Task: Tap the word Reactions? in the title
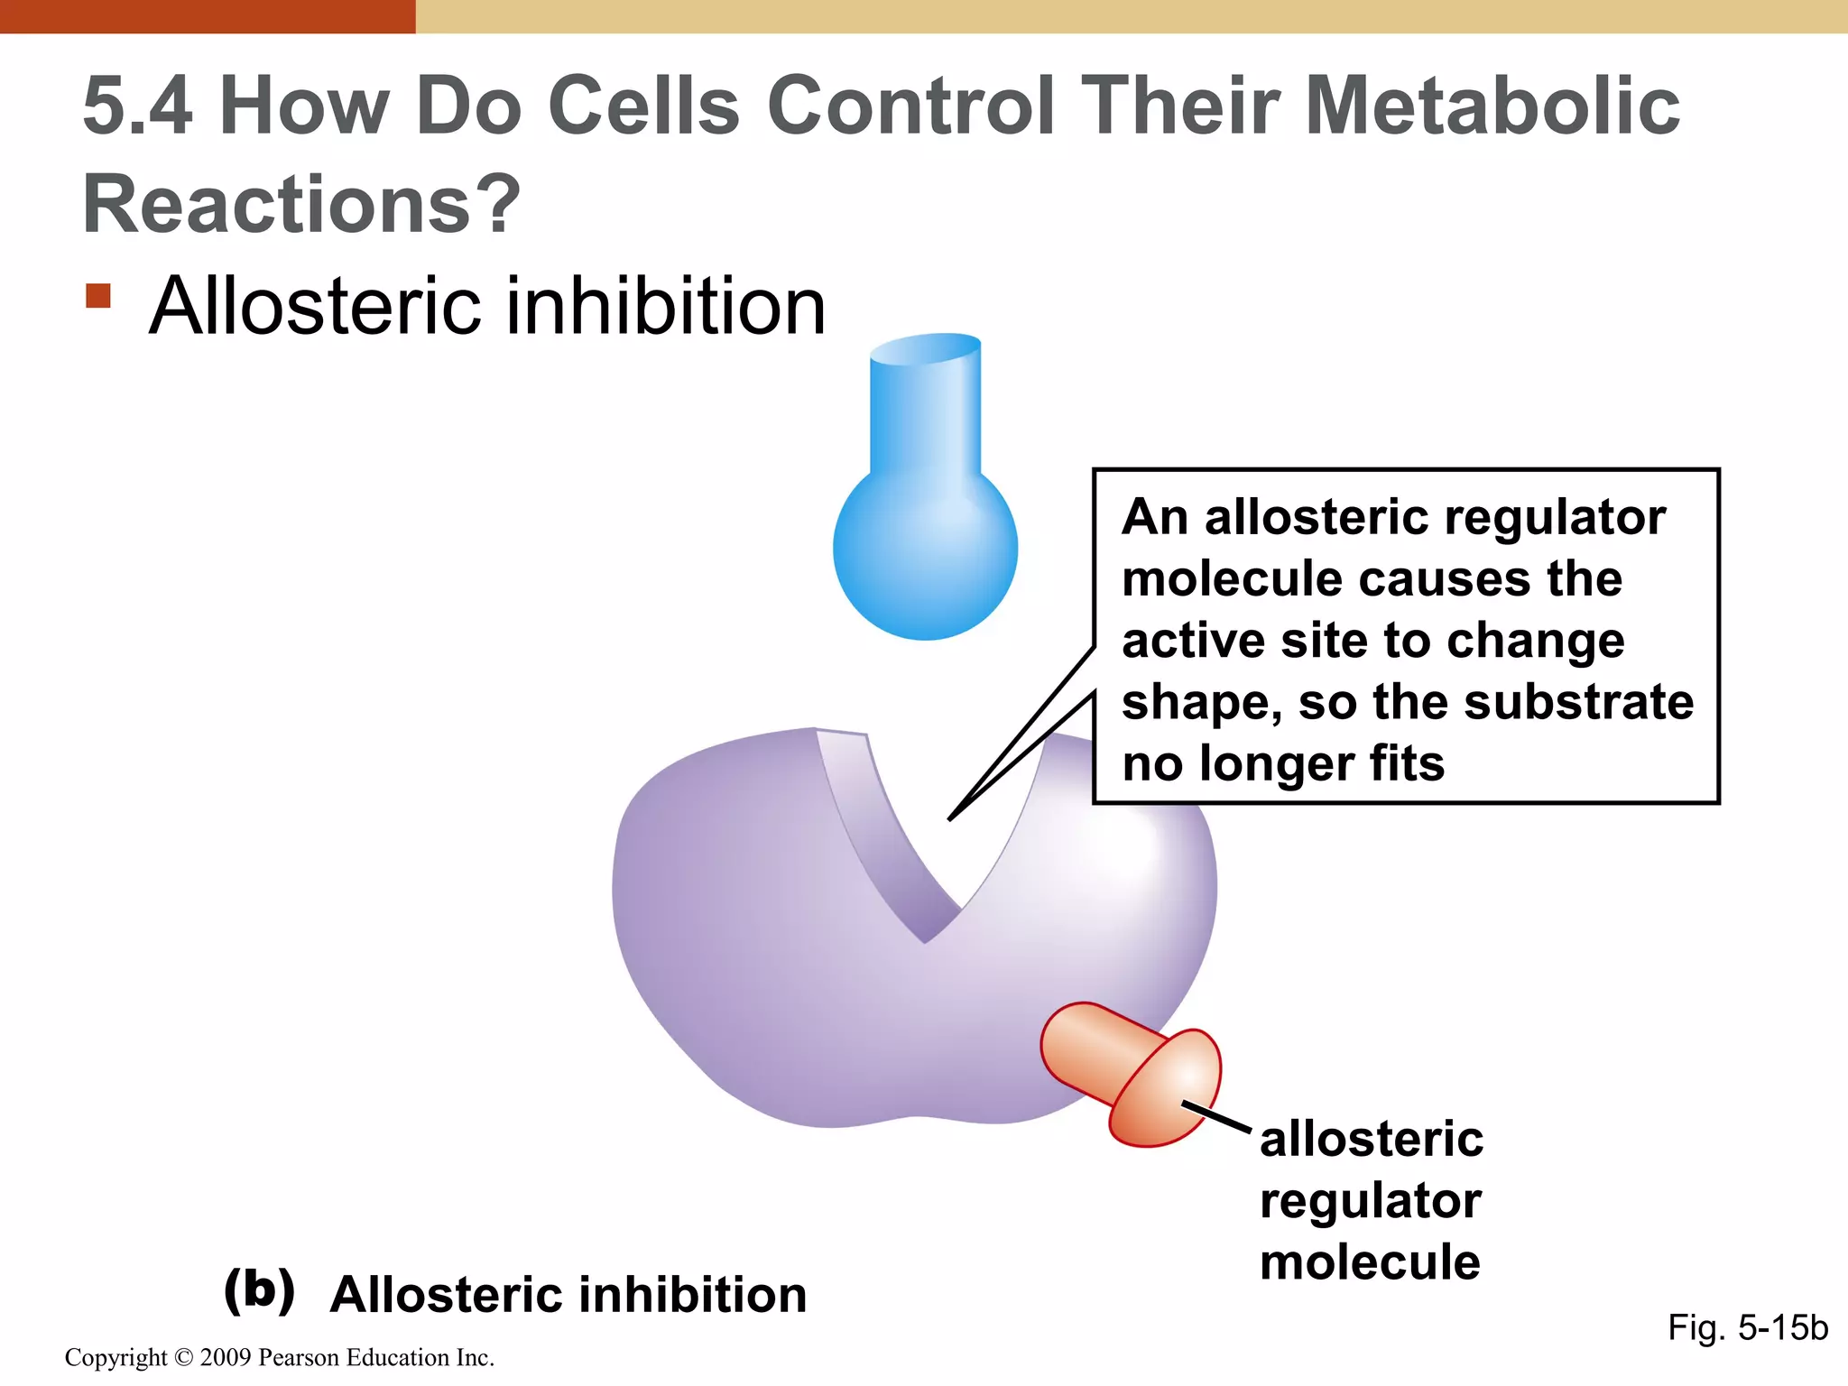301,205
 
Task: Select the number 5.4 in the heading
137,106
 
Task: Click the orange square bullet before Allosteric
98,296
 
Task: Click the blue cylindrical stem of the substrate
925,406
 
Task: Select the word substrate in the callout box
1578,702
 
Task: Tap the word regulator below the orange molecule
1370,1201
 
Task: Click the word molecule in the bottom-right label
1370,1262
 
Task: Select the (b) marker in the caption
259,1290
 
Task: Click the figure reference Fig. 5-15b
1747,1327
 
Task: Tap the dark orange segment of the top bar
208,16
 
